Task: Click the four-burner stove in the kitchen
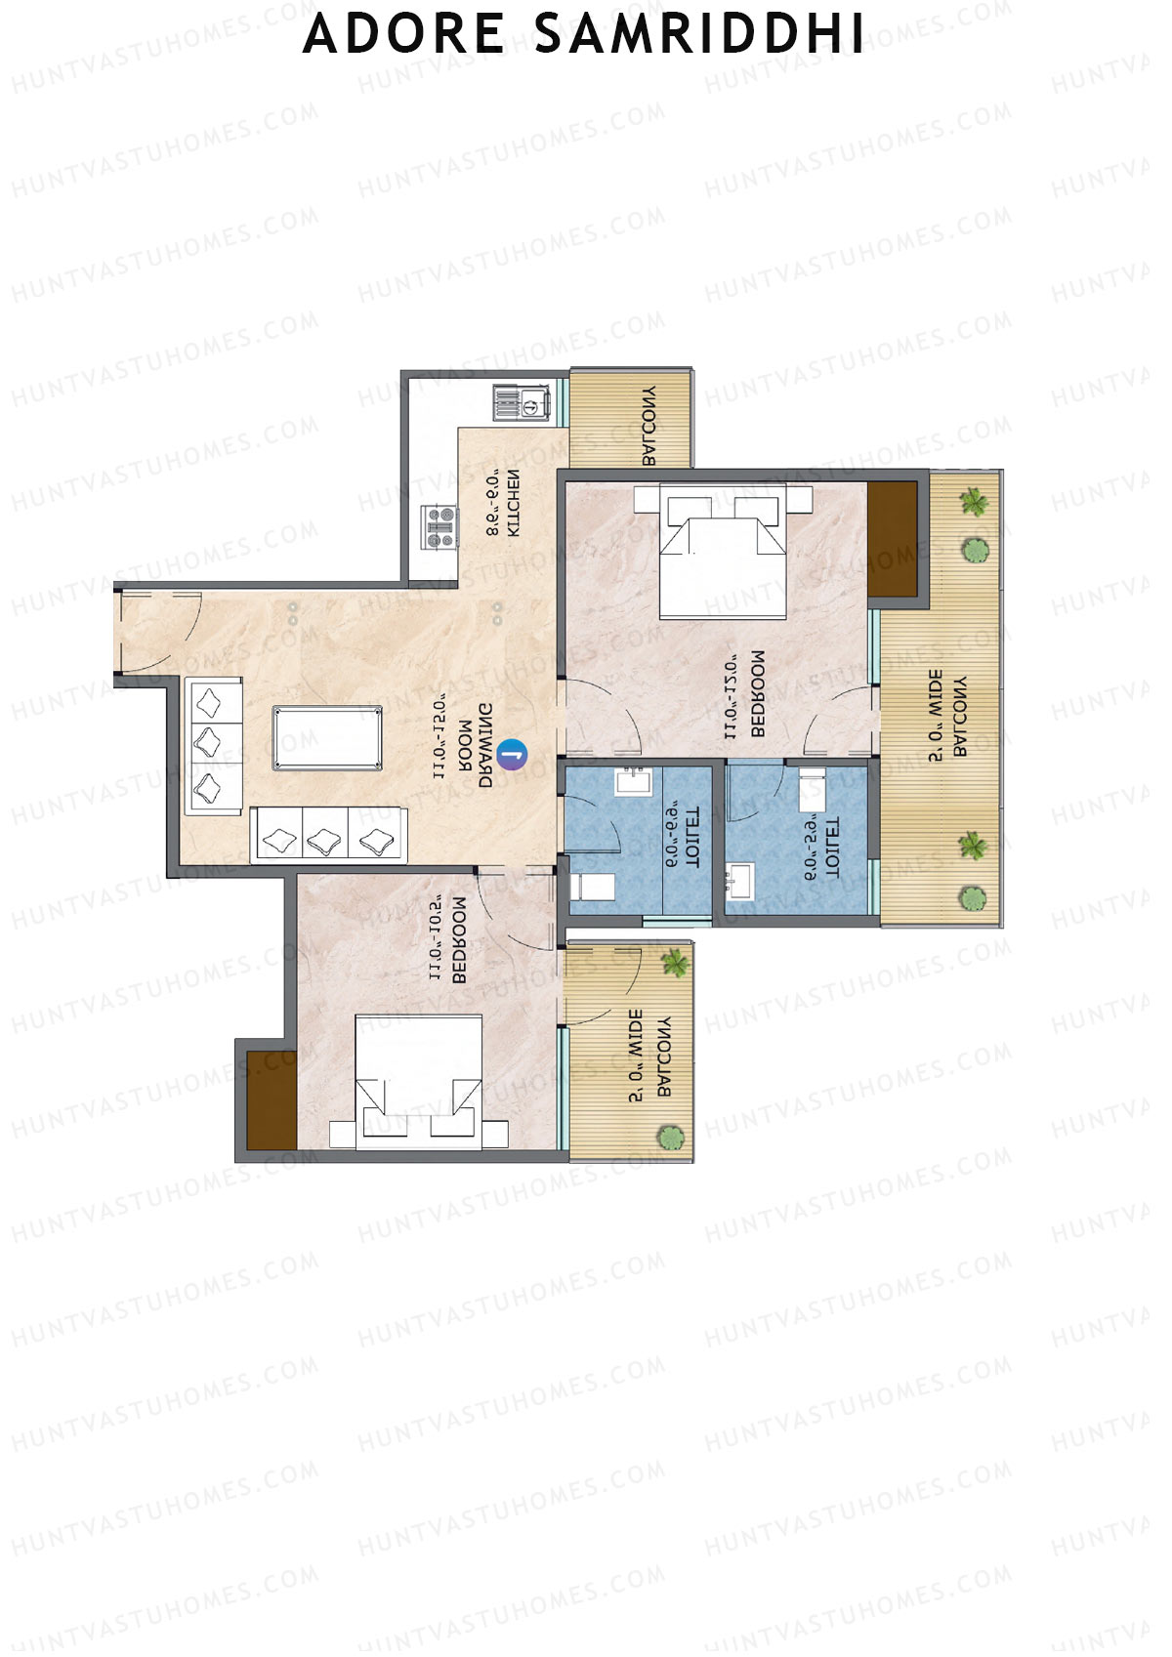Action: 439,526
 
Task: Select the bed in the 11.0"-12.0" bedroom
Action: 723,552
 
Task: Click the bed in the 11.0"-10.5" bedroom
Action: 418,1083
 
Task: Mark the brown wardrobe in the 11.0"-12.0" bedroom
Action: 893,538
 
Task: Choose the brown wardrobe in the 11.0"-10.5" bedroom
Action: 271,1099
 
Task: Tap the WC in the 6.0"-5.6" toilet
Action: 810,788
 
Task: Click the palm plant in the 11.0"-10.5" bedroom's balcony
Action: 674,963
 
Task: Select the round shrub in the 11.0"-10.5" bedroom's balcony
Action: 670,1138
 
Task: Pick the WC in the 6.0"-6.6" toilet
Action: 595,887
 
